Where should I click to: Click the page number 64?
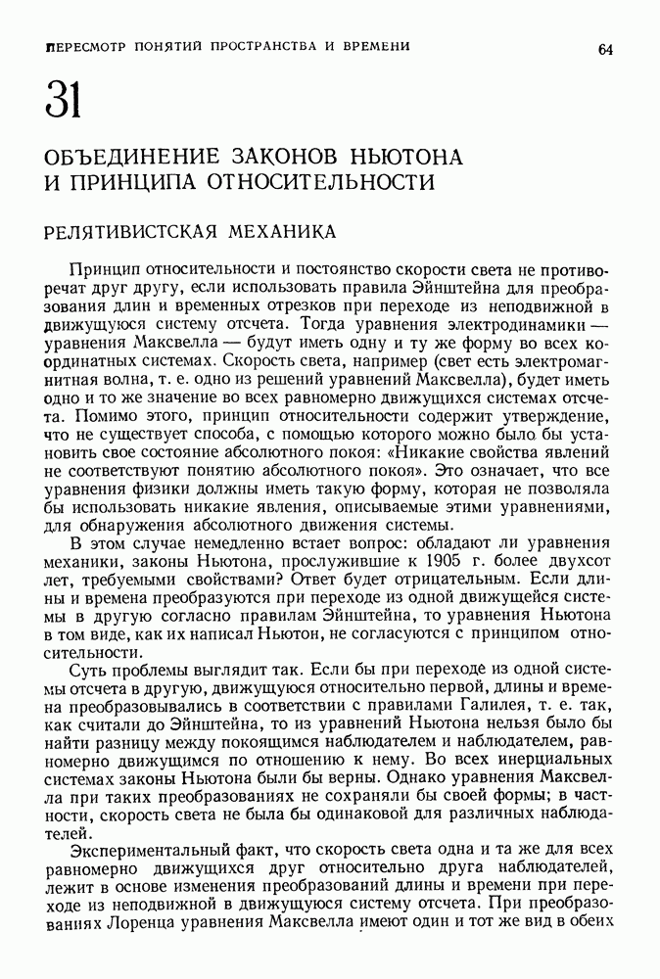click(x=605, y=50)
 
